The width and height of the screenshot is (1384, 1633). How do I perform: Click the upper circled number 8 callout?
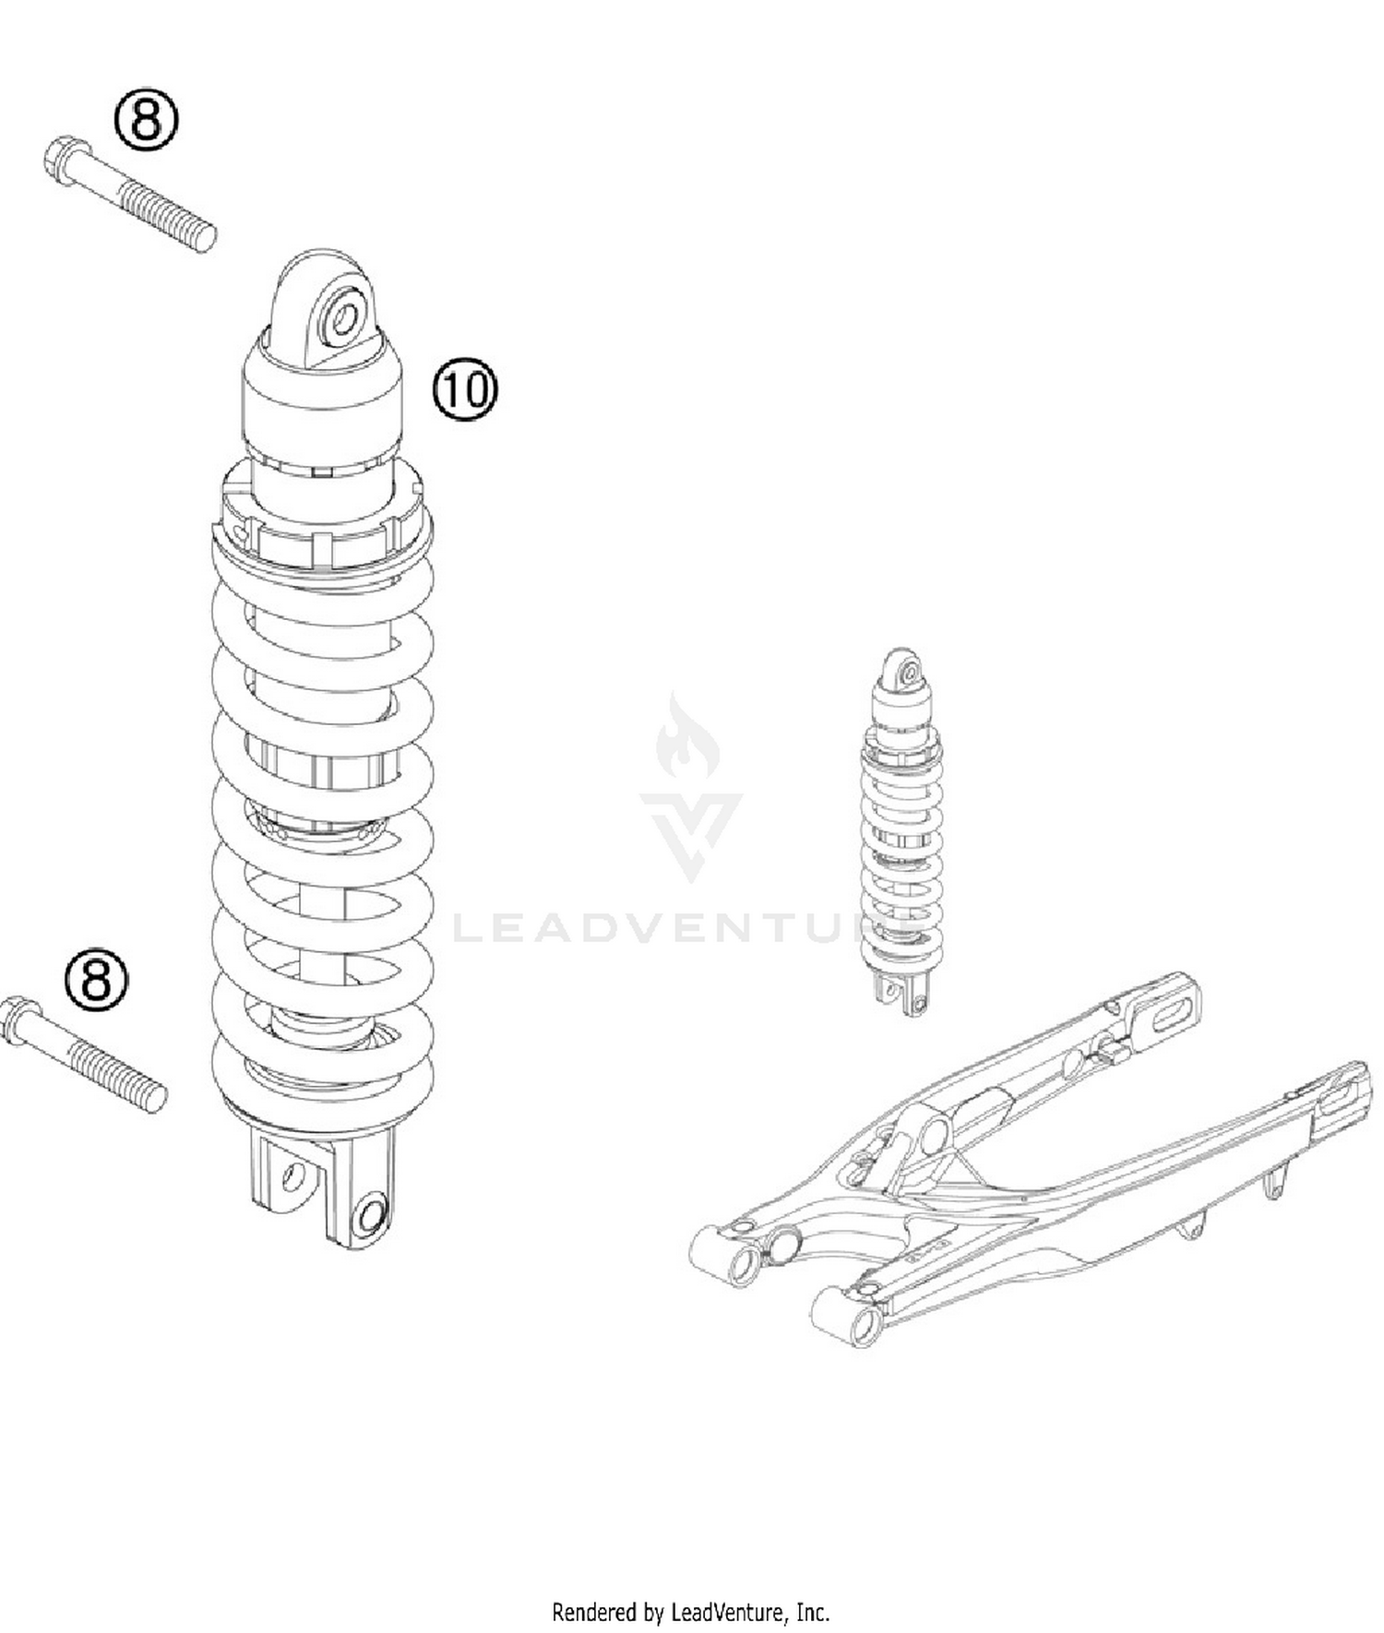[x=146, y=117]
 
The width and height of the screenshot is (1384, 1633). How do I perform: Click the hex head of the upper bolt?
[x=66, y=161]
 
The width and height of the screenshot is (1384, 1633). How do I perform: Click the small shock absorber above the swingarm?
[x=901, y=830]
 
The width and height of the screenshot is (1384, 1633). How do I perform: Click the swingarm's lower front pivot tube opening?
[x=865, y=1325]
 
